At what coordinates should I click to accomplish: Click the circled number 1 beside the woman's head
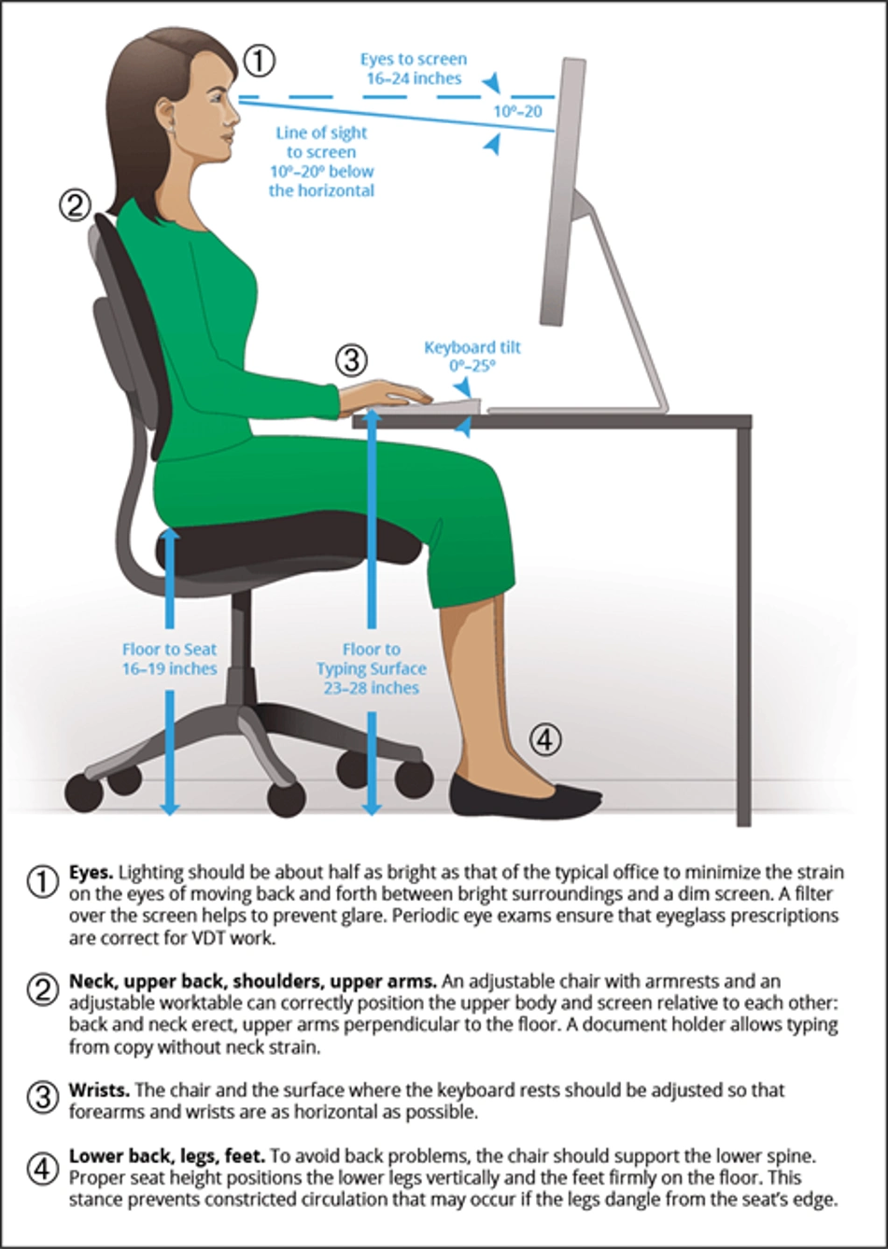coord(260,61)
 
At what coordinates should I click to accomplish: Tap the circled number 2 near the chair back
coord(75,205)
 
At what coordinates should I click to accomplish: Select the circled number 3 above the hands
coord(351,360)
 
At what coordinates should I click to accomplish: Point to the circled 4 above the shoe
coord(544,740)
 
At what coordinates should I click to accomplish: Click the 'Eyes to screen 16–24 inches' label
coord(414,68)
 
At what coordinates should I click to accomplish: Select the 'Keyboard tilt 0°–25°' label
coord(472,357)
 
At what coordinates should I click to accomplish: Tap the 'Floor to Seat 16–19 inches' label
coord(170,658)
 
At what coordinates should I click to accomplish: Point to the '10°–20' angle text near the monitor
coord(517,111)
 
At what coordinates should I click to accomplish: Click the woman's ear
coord(167,115)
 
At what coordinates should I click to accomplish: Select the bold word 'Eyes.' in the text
coord(92,873)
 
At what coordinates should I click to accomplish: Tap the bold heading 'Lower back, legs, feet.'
coord(167,1157)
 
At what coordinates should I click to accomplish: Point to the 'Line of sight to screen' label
coord(321,142)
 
